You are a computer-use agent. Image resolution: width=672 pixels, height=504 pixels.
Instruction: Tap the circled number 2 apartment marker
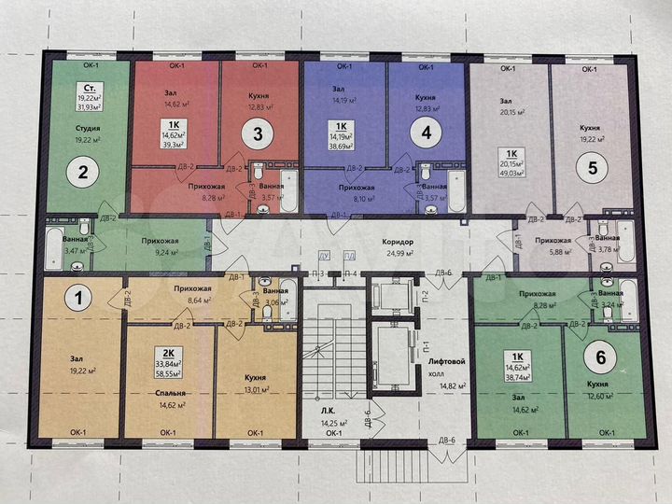click(83, 172)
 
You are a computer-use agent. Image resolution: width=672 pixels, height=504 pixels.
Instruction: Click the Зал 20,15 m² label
click(511, 106)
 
